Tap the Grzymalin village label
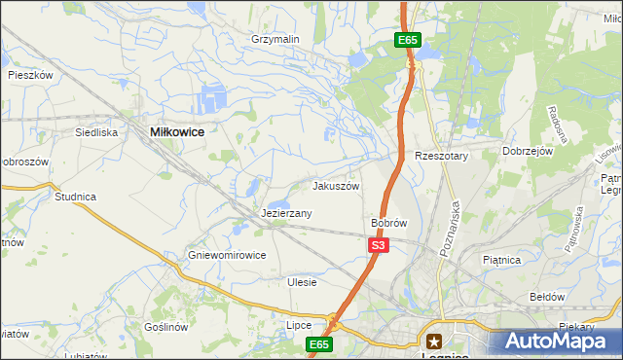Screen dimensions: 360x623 click(275, 39)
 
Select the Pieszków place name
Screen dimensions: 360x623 click(29, 74)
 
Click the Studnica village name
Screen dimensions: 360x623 click(75, 197)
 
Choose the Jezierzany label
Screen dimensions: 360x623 click(286, 213)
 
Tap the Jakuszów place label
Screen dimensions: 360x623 click(336, 186)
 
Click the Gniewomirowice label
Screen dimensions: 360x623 click(227, 256)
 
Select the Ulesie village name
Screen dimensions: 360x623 click(303, 282)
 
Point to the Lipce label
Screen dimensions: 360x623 click(298, 325)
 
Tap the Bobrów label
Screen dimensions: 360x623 click(388, 223)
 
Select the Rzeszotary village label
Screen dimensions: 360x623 click(442, 156)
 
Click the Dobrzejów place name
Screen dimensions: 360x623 click(528, 152)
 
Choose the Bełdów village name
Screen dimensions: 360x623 click(546, 296)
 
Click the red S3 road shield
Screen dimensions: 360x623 click(380, 246)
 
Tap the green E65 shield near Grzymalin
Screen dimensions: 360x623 click(408, 40)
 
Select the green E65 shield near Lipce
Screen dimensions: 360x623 click(320, 344)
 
